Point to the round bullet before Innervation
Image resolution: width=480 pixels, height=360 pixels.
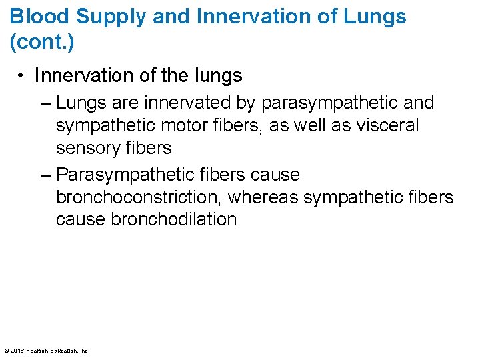pos(23,77)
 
